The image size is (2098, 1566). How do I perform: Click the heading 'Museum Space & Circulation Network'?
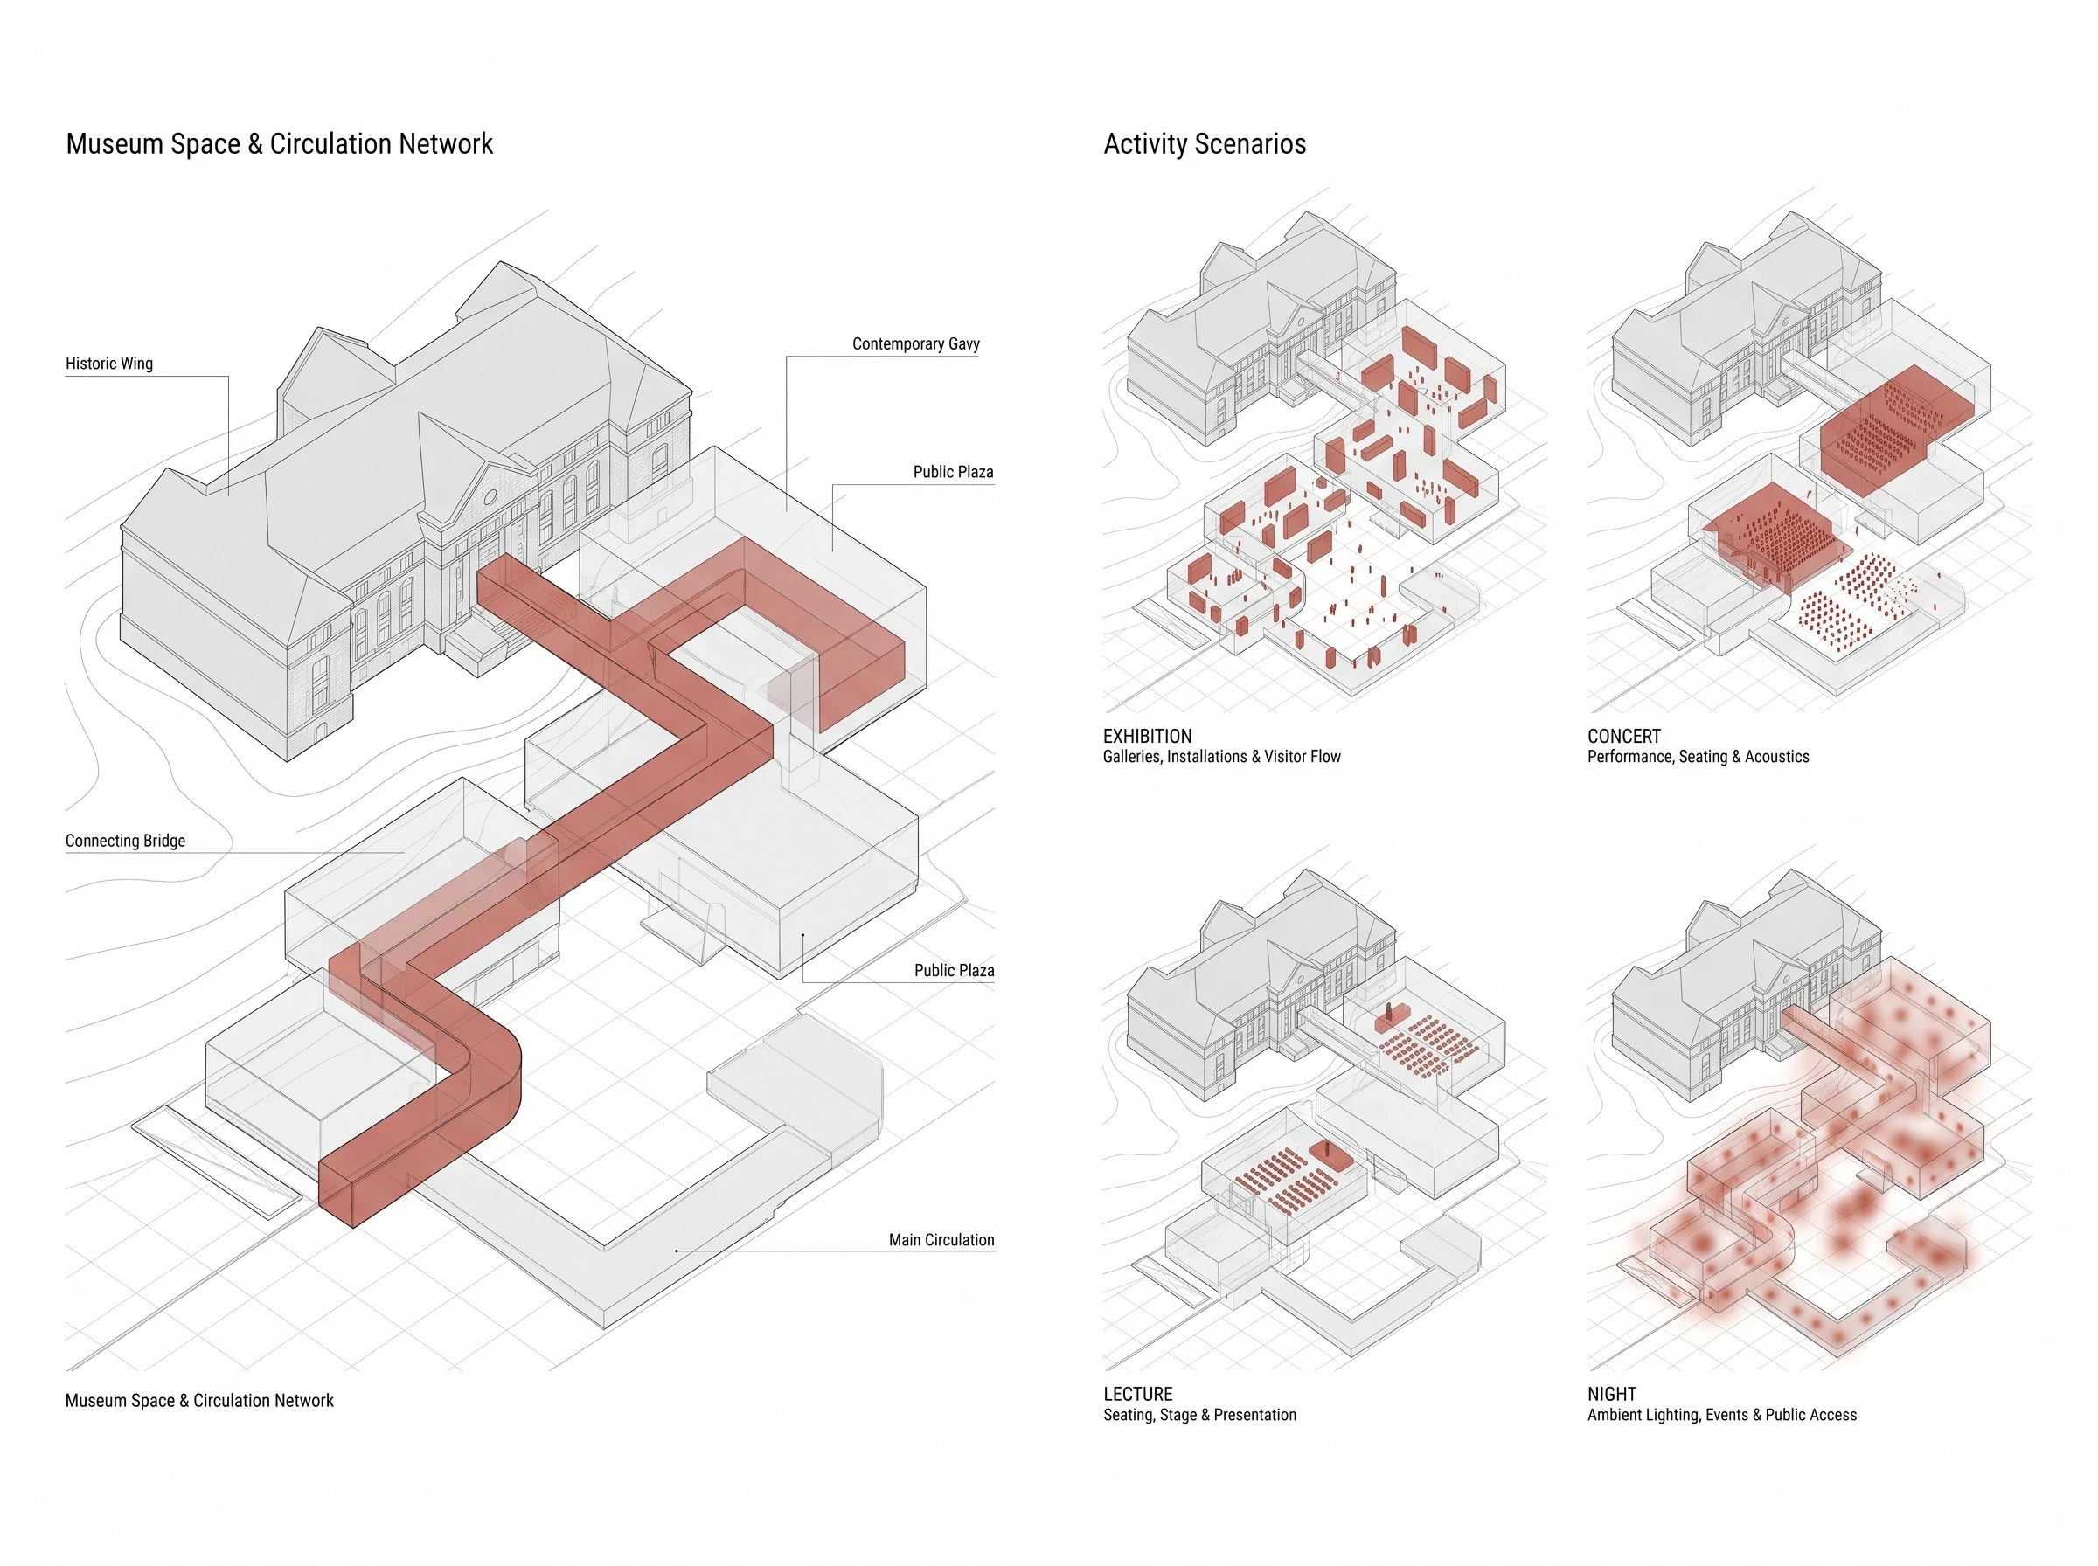tap(280, 144)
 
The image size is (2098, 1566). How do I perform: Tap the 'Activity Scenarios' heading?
tap(1205, 144)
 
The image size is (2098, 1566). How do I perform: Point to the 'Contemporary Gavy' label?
tap(916, 343)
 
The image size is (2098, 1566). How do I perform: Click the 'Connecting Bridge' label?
tap(125, 841)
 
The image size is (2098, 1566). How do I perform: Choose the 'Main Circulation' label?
tap(941, 1240)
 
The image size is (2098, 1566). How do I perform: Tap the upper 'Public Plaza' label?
tap(953, 472)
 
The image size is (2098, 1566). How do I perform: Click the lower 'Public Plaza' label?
tap(954, 971)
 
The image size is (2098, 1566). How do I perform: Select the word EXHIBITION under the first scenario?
tap(1147, 737)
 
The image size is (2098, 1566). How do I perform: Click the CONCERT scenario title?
tap(1624, 737)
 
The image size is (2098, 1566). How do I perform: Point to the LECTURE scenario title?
tap(1137, 1395)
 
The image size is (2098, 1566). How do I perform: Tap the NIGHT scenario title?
tap(1612, 1395)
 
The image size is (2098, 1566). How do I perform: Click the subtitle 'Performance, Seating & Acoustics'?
tap(1698, 757)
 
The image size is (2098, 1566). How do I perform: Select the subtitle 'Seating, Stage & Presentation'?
tap(1199, 1414)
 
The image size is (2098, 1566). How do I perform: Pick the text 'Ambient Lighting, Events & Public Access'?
tap(1721, 1414)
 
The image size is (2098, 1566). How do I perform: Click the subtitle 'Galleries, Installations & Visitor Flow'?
tap(1221, 757)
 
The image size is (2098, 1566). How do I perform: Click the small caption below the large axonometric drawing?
tap(199, 1401)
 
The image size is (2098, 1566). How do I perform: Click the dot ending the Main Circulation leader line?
tap(676, 1251)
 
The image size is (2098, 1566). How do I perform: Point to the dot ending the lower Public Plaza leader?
tap(803, 936)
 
